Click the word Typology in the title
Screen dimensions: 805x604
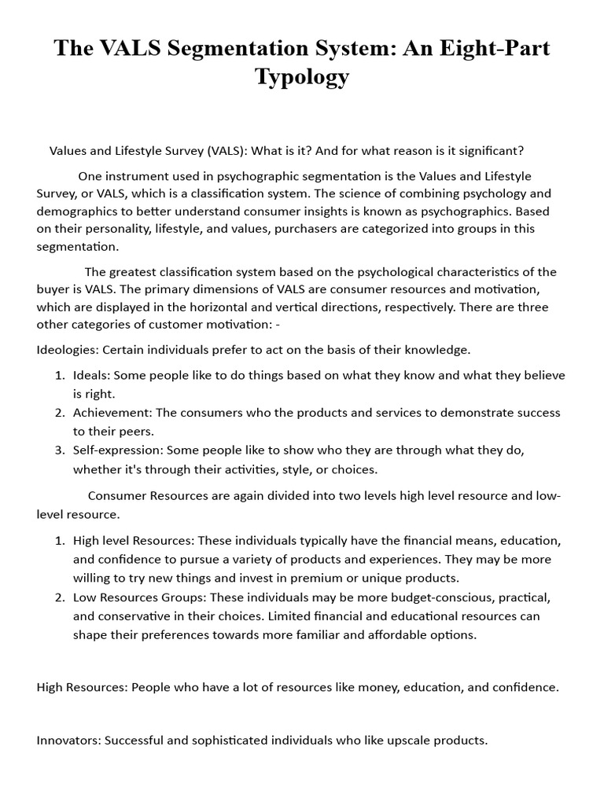click(302, 77)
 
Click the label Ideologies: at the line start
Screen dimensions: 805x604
click(68, 349)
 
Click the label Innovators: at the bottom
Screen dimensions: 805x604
click(68, 740)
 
